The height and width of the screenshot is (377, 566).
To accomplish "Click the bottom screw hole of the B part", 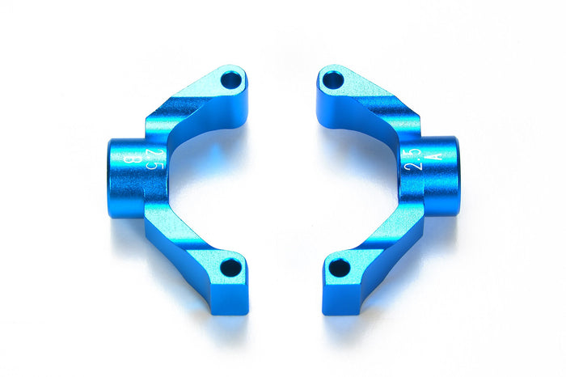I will [230, 266].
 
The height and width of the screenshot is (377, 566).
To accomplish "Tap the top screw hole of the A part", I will [332, 80].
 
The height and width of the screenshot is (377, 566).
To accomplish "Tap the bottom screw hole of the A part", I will [340, 266].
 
